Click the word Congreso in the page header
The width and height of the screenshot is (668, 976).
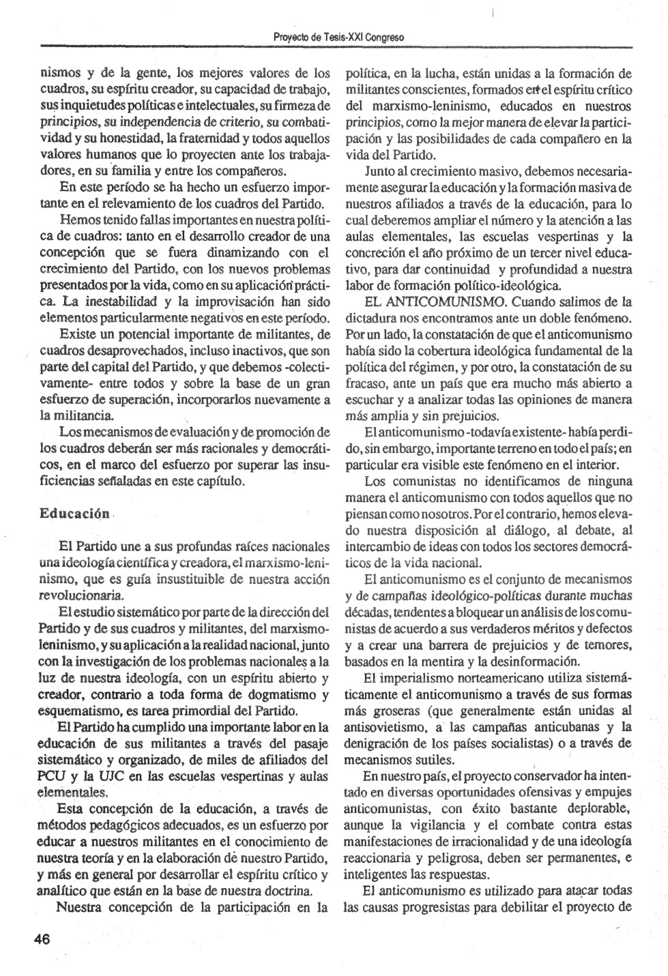tap(383, 37)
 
